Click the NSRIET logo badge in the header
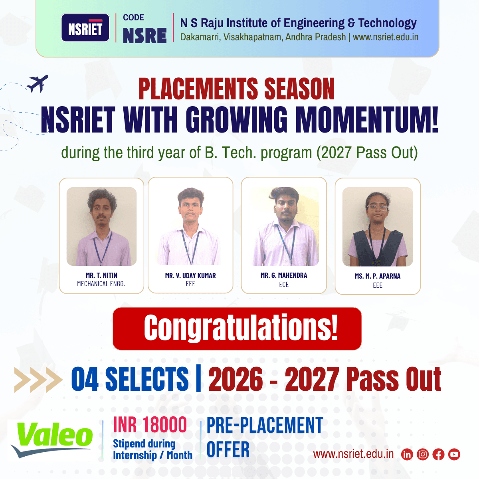[x=85, y=28]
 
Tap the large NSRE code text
[x=144, y=36]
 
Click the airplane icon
[x=38, y=83]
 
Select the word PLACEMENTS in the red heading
[x=198, y=89]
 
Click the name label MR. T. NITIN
[x=101, y=275]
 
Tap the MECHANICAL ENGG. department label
[x=101, y=284]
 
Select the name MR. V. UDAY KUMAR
[x=190, y=276]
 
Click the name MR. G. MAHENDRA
[x=284, y=275]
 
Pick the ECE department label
[x=284, y=285]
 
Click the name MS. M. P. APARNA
[x=378, y=276]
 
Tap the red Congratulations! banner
[x=237, y=329]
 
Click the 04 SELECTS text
[x=130, y=379]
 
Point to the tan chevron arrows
[x=38, y=380]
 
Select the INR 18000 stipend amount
[x=150, y=425]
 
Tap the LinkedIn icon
[x=407, y=455]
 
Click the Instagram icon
[x=423, y=455]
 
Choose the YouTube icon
[x=454, y=455]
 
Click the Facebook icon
[x=438, y=455]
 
